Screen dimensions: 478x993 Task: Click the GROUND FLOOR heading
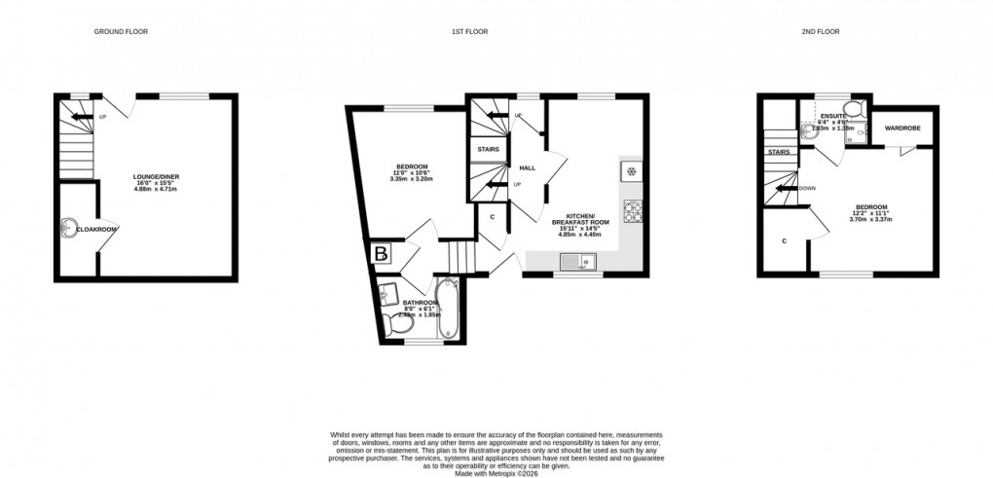pos(121,32)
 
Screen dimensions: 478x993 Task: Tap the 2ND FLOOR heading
pos(814,32)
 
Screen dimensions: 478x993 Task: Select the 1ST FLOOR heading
pos(469,32)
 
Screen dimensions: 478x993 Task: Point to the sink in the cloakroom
pos(66,228)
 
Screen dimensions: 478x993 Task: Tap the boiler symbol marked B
pos(381,254)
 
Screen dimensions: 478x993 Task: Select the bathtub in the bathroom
pos(449,311)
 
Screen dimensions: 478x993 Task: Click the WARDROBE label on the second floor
pos(902,129)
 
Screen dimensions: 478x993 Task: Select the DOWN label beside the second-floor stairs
pos(807,188)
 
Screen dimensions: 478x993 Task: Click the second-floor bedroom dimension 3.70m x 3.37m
pos(870,219)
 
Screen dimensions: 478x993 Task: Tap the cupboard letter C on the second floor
pos(784,240)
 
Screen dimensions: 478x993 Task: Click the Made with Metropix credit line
pos(496,465)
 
